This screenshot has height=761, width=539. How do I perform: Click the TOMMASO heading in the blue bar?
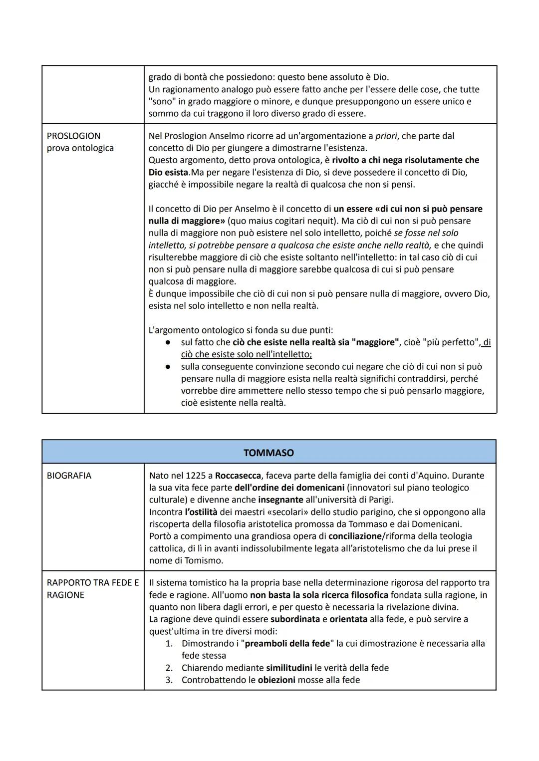pyautogui.click(x=269, y=453)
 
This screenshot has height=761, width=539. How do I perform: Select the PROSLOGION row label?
pyautogui.click(x=73, y=136)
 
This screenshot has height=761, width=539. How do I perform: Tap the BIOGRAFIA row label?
pyautogui.click(x=69, y=476)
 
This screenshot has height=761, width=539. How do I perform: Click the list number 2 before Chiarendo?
pyautogui.click(x=169, y=668)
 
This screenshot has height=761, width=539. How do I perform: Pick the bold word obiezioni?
pyautogui.click(x=276, y=680)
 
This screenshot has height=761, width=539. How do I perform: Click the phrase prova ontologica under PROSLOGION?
pyautogui.click(x=80, y=148)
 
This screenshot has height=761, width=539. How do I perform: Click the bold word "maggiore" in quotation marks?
pyautogui.click(x=375, y=342)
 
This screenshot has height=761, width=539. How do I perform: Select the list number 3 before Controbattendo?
pyautogui.click(x=169, y=680)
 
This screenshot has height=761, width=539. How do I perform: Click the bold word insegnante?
pyautogui.click(x=280, y=500)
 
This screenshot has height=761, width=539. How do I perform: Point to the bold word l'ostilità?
pyautogui.click(x=201, y=512)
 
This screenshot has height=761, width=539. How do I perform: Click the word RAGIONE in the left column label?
pyautogui.click(x=65, y=595)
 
